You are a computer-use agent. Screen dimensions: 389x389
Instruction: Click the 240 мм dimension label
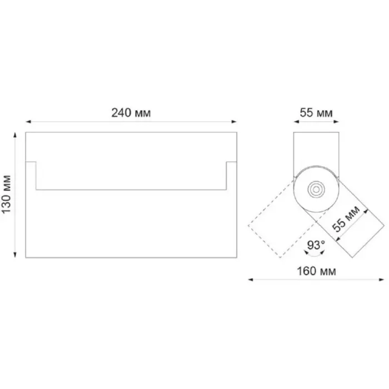click(131, 113)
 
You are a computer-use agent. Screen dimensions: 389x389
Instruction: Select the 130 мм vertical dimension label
click(7, 194)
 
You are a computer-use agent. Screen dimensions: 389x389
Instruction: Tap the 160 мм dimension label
click(316, 271)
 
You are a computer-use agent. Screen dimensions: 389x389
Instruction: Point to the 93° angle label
click(316, 245)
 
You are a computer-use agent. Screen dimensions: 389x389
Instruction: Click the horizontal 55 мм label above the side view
click(316, 113)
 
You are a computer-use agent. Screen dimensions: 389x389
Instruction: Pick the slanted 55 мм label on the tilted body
click(346, 219)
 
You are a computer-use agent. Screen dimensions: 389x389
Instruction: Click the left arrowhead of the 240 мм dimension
click(28, 122)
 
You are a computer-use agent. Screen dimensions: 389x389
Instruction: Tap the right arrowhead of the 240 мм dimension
click(234, 122)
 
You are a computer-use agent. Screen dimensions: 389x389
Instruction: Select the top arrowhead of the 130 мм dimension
click(15, 135)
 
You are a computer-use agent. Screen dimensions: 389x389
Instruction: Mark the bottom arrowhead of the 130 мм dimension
click(15, 255)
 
